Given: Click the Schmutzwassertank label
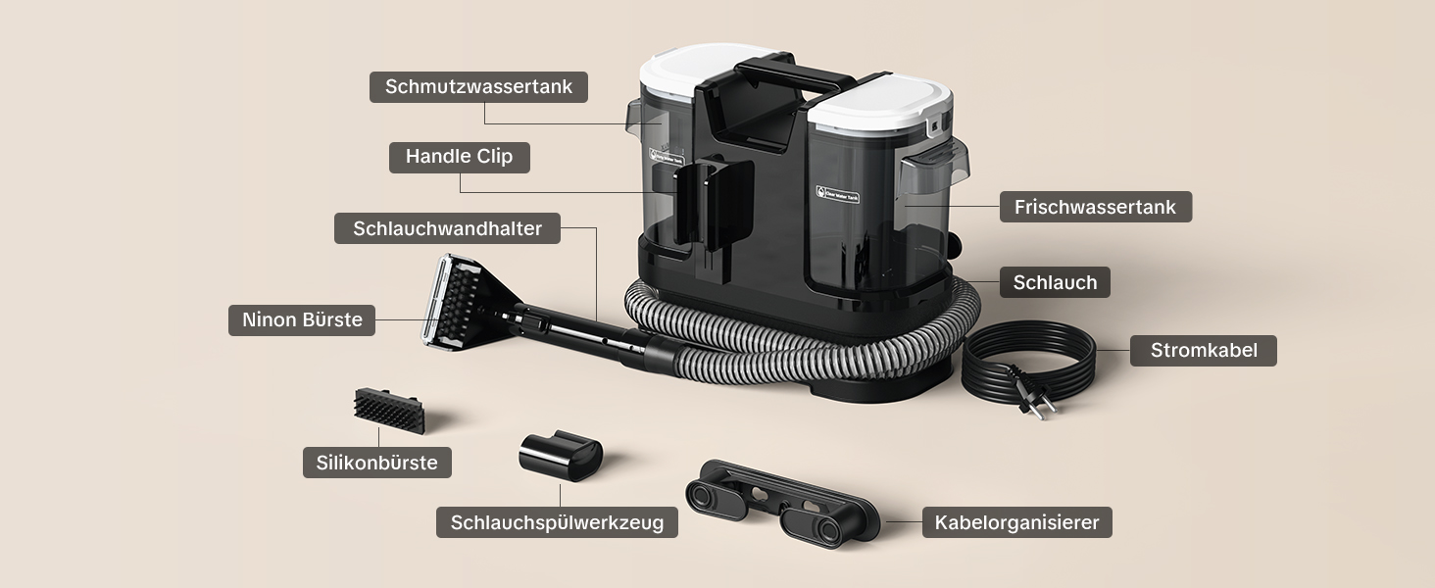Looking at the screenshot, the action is pyautogui.click(x=478, y=87).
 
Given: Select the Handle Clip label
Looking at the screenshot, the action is pyautogui.click(x=460, y=157).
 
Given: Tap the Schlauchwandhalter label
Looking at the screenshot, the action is pyautogui.click(x=447, y=228).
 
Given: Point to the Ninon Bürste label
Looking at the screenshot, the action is pyautogui.click(x=302, y=320).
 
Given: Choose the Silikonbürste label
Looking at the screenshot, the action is pyautogui.click(x=376, y=463).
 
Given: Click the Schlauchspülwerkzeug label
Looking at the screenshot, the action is pyautogui.click(x=557, y=522).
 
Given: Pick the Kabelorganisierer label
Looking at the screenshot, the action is pyautogui.click(x=1016, y=522).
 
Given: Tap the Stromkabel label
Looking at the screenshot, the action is pyautogui.click(x=1203, y=351).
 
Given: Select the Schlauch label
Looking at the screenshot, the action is pyautogui.click(x=1055, y=282).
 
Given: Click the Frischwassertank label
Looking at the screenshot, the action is pyautogui.click(x=1096, y=207).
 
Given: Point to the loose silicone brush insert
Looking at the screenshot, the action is pyautogui.click(x=389, y=410).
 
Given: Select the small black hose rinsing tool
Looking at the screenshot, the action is pyautogui.click(x=561, y=456).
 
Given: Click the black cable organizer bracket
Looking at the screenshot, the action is pyautogui.click(x=782, y=503).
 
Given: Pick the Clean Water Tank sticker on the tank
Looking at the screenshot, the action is pyautogui.click(x=837, y=194).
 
